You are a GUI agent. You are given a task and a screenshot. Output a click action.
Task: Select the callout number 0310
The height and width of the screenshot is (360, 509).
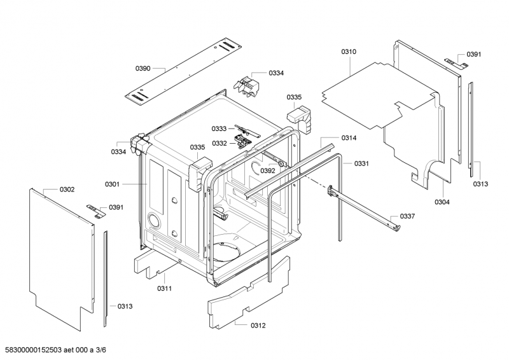349,52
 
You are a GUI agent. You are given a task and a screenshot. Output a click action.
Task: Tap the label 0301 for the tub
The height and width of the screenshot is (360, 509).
113,184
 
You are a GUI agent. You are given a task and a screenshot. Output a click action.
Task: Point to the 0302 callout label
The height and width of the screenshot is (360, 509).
67,190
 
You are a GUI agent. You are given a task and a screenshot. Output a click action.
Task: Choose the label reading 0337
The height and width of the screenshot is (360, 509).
407,216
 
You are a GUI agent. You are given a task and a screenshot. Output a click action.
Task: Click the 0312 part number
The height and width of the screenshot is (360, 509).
258,326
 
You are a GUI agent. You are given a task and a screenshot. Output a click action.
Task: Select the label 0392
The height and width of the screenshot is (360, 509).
268,170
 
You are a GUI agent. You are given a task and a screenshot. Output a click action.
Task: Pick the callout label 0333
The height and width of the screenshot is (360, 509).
220,129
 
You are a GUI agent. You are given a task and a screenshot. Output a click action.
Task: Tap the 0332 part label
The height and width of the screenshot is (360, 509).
220,143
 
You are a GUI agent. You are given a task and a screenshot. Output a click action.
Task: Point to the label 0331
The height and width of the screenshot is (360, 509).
361,163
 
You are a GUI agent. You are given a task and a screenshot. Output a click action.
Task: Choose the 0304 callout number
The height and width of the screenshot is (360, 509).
442,202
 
